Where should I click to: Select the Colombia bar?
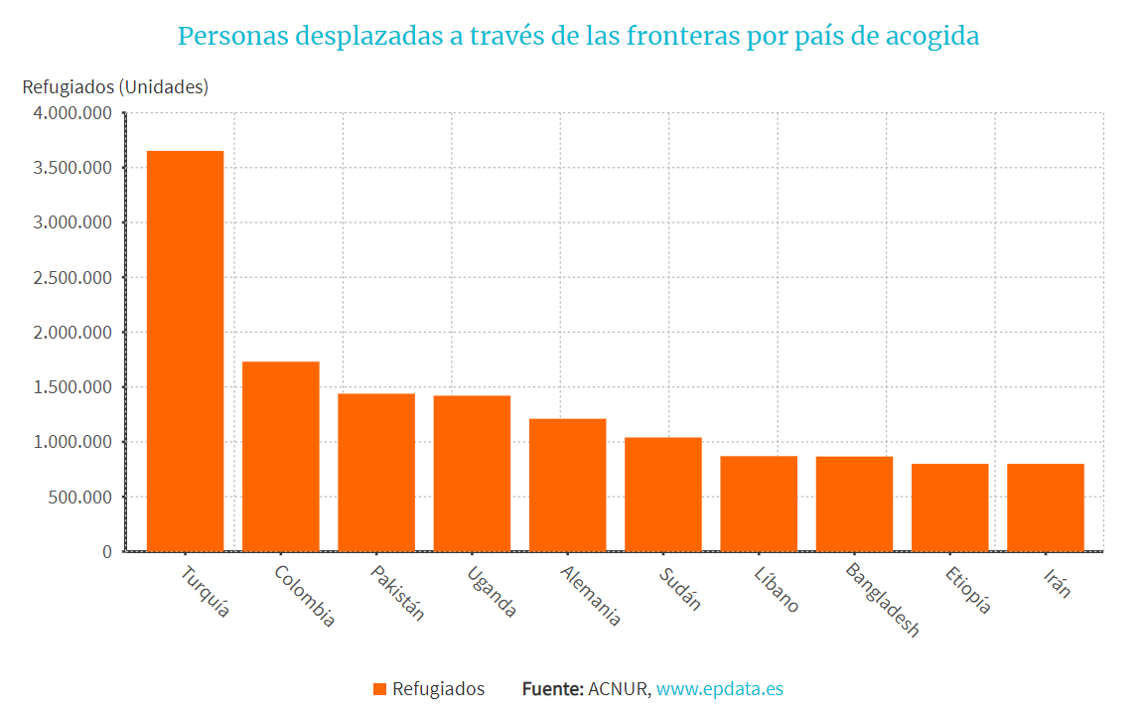pyautogui.click(x=280, y=456)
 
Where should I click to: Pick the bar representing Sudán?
pyautogui.click(x=662, y=494)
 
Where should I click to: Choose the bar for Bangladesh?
pyautogui.click(x=854, y=503)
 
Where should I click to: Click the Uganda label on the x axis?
pyautogui.click(x=491, y=592)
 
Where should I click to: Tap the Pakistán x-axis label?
pyautogui.click(x=397, y=593)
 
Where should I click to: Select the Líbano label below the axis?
pyautogui.click(x=776, y=590)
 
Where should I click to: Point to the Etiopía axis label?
pyautogui.click(x=968, y=590)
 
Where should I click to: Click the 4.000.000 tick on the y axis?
pyautogui.click(x=72, y=113)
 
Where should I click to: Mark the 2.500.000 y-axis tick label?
pyautogui.click(x=72, y=278)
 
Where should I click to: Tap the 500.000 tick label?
pyautogui.click(x=79, y=497)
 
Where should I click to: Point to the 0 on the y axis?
pyautogui.click(x=107, y=551)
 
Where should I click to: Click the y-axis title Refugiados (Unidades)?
pyautogui.click(x=115, y=86)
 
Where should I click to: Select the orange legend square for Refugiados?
pyautogui.click(x=379, y=689)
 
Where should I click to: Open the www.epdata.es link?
pyautogui.click(x=719, y=689)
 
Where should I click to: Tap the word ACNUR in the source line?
pyautogui.click(x=619, y=689)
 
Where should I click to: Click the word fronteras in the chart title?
pyautogui.click(x=679, y=37)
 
